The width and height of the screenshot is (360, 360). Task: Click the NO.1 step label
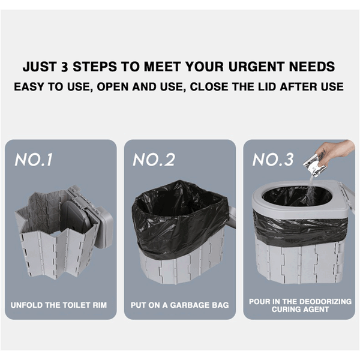pos(34,160)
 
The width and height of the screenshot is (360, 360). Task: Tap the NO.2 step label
pos(154,160)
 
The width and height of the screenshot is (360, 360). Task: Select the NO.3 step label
pos(273,160)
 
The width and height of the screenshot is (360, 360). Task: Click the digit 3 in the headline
pos(65,67)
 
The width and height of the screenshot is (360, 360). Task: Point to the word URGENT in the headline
pos(256,67)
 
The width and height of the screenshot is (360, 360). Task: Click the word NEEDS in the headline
pos(311,67)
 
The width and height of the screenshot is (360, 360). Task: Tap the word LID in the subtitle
pos(266,87)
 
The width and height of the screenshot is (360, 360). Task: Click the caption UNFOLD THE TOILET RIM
pos(59,305)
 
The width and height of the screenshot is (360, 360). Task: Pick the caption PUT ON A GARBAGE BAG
pos(180,305)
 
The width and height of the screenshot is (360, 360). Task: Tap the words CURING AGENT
pos(300,310)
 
